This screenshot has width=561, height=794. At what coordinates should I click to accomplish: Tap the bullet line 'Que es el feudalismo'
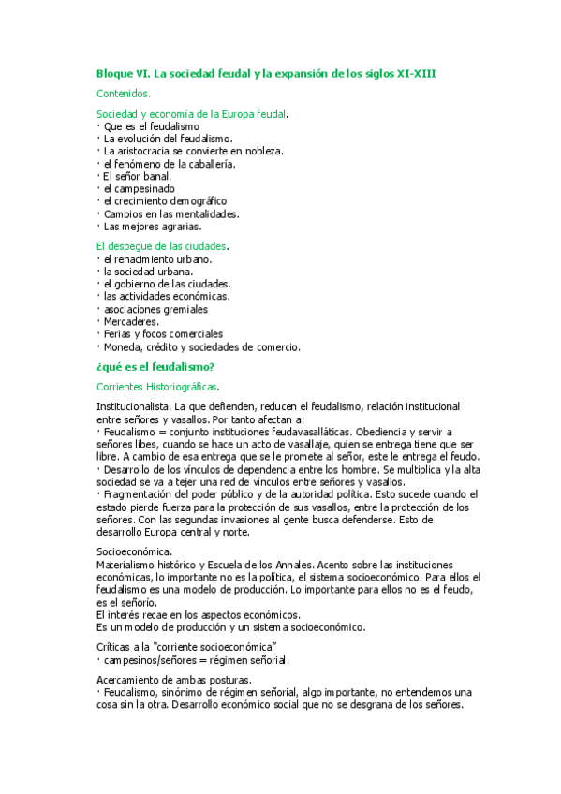click(x=151, y=125)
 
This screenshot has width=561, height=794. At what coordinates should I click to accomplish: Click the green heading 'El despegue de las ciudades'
click(x=163, y=246)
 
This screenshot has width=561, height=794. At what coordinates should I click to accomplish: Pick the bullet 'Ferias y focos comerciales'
click(x=163, y=333)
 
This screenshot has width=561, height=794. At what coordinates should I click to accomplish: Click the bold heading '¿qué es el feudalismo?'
click(x=155, y=366)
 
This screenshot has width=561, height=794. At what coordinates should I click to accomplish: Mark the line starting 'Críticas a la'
click(x=186, y=647)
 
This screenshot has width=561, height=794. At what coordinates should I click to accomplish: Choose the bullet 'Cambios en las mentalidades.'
click(x=171, y=213)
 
